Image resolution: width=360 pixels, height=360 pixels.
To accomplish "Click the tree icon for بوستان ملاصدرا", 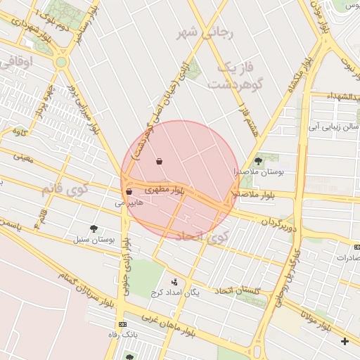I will pyautogui.click(x=258, y=161).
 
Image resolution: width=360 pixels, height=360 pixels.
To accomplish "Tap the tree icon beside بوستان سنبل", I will pyautogui.click(x=94, y=228).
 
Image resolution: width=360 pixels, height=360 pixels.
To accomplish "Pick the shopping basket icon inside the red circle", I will pyautogui.click(x=160, y=161).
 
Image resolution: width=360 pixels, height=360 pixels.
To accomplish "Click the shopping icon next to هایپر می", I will pyautogui.click(x=129, y=191).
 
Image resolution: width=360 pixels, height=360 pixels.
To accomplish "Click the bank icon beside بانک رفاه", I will pyautogui.click(x=123, y=325).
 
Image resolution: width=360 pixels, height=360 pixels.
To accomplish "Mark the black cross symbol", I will pyautogui.click(x=344, y=342).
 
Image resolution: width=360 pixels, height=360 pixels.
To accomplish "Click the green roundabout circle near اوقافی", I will pyautogui.click(x=62, y=62).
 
